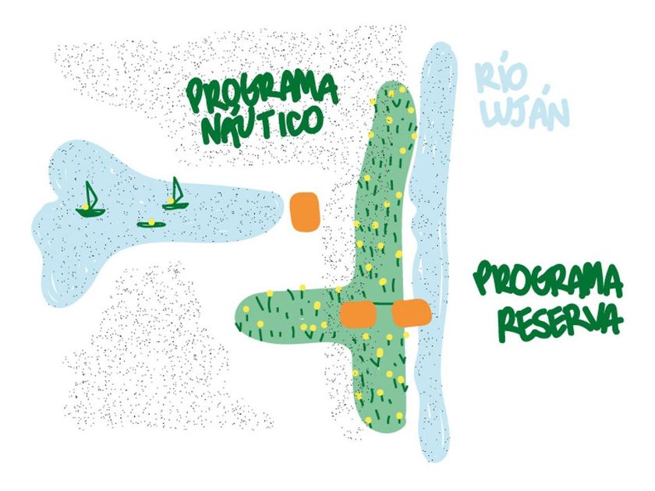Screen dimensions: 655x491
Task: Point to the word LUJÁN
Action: coord(525,111)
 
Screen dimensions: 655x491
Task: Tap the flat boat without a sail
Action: coord(150,224)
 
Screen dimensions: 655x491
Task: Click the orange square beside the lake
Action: coord(306,212)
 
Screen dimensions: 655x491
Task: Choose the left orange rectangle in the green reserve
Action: coord(359,314)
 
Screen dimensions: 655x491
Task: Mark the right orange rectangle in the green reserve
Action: coord(412,313)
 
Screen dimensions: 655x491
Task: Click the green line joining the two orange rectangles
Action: coord(384,303)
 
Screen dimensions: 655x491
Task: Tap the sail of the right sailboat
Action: coord(177,189)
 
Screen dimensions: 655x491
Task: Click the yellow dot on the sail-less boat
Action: coord(151,221)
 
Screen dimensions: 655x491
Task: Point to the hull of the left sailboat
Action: coord(90,213)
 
